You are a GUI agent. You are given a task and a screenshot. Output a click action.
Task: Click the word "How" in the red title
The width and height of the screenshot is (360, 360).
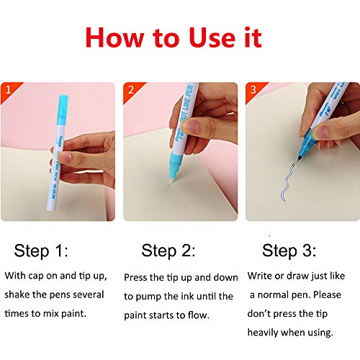(114, 37)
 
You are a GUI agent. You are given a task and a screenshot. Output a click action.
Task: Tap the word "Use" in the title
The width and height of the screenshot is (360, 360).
(212, 37)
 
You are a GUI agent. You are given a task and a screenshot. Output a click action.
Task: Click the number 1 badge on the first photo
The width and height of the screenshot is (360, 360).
(9, 90)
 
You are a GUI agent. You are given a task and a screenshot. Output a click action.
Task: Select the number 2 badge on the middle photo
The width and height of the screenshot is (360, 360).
(131, 90)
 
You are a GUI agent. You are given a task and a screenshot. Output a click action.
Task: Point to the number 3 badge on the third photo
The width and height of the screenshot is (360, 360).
(253, 90)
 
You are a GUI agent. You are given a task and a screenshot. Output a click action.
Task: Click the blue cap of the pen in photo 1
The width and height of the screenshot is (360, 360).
(62, 110)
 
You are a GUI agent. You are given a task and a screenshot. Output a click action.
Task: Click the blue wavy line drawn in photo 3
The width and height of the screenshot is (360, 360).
(287, 182)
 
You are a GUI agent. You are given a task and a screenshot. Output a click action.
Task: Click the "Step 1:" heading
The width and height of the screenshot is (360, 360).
(41, 251)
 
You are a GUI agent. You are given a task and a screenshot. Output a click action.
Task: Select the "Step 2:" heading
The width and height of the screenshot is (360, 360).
(168, 251)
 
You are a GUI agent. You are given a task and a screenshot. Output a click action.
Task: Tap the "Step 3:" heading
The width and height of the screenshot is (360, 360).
(289, 251)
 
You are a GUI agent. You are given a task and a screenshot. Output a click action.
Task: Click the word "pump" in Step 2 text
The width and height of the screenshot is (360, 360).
(149, 297)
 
